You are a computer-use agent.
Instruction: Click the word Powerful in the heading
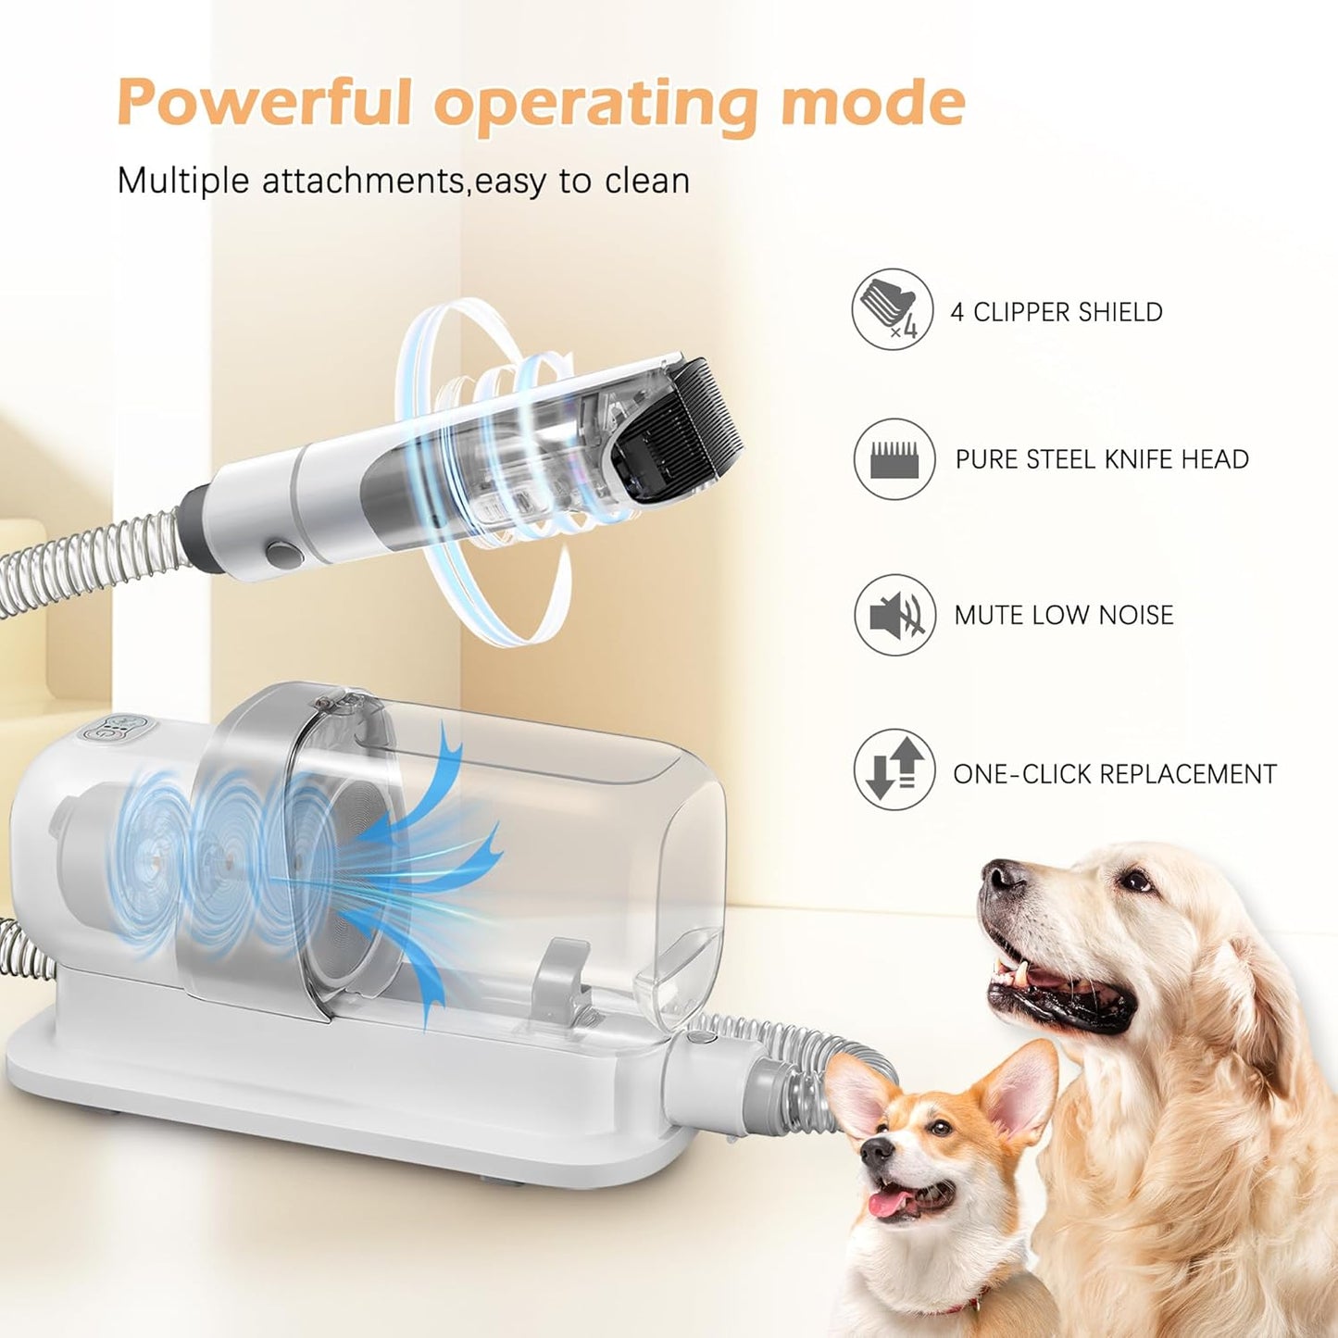coord(265,102)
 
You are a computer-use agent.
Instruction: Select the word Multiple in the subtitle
coord(183,181)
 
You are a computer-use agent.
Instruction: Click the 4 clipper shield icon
coord(892,309)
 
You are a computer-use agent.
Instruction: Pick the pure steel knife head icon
coord(894,459)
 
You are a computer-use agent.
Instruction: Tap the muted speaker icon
coord(894,615)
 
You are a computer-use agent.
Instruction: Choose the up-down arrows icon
coord(894,769)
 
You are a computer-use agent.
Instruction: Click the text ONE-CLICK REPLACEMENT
coord(1114,774)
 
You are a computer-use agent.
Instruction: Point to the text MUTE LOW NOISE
coord(1063,615)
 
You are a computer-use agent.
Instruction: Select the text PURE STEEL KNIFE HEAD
coord(1101,459)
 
